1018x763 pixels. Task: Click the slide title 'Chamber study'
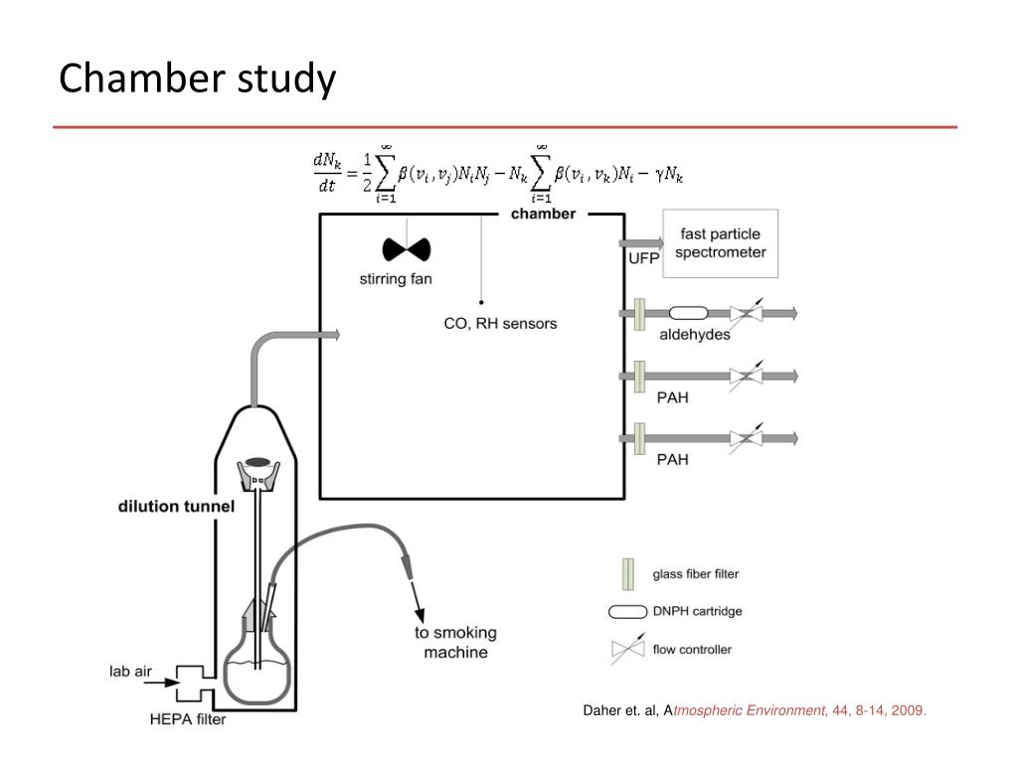point(197,78)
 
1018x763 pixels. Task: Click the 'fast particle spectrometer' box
point(721,242)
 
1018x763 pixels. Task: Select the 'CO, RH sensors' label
point(500,323)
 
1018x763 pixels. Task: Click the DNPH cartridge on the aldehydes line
point(688,313)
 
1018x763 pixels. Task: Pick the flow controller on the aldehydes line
point(746,313)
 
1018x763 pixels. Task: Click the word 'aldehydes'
point(694,335)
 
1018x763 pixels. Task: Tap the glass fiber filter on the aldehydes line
point(640,313)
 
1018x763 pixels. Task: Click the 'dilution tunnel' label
point(176,506)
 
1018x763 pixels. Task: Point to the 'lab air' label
point(130,672)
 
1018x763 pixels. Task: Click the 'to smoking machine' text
point(455,643)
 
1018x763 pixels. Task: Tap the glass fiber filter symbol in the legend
point(627,574)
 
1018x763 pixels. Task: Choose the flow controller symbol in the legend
point(627,650)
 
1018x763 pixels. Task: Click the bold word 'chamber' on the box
point(543,214)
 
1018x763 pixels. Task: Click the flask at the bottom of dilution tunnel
point(257,668)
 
